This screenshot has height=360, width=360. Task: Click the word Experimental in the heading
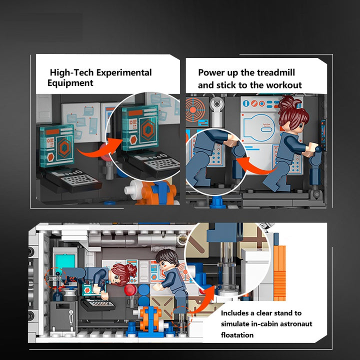[x=124, y=73]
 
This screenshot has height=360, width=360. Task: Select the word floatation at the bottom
[x=237, y=335]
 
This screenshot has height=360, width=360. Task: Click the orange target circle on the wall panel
[x=193, y=110]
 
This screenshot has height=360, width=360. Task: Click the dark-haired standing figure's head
[x=167, y=258]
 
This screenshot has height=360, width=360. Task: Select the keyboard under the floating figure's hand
[x=97, y=304]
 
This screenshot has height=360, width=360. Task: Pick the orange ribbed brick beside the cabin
[x=279, y=273]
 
